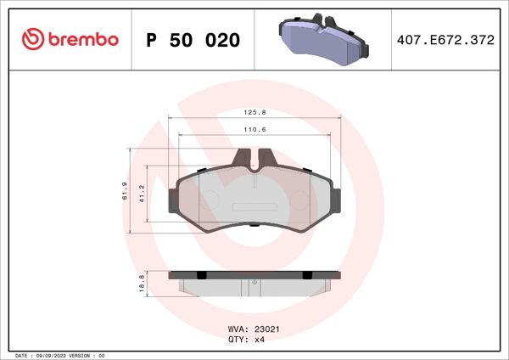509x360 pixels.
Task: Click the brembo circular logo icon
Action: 32,39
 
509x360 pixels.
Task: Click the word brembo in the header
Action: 82,40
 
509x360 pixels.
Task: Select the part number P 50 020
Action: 193,40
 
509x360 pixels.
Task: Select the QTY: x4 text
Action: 246,339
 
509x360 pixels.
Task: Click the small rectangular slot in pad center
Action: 255,205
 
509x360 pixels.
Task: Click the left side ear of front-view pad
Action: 174,200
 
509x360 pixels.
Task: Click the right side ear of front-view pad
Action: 336,200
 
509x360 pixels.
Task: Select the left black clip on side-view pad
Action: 201,275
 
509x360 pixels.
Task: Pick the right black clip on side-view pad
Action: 308,275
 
